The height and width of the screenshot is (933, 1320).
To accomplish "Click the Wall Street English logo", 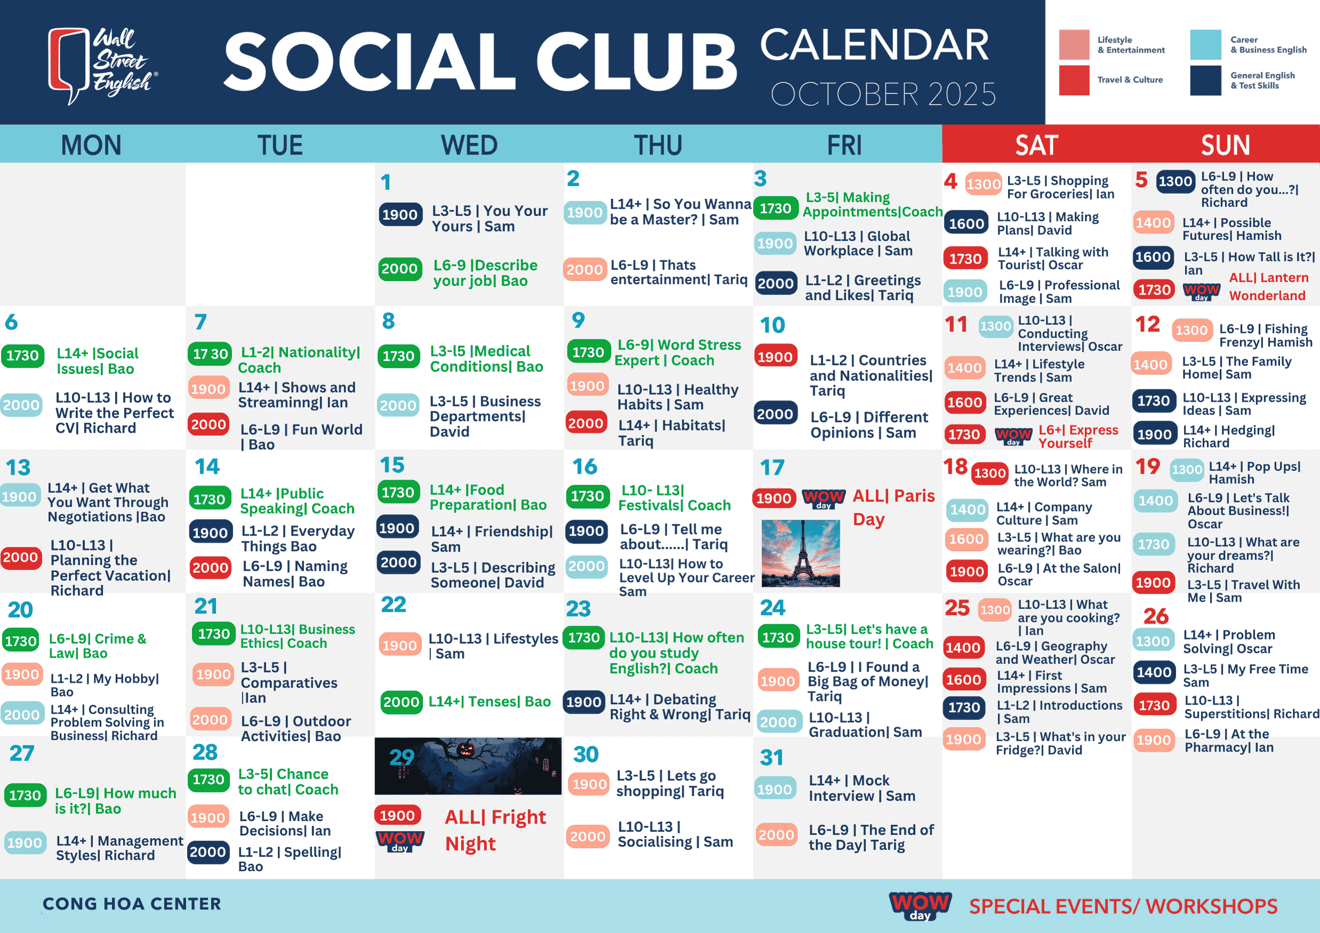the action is click(102, 66).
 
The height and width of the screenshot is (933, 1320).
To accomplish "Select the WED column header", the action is click(469, 145).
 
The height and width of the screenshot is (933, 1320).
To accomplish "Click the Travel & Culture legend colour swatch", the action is click(1074, 80).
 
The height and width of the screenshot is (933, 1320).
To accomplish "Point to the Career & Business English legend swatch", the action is click(1205, 45).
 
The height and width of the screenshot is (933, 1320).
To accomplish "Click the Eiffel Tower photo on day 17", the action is click(801, 553).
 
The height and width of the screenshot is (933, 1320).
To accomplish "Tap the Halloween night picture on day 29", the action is click(468, 766).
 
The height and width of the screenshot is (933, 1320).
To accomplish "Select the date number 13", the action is click(18, 467).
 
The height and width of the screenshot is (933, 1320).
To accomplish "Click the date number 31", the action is click(772, 757).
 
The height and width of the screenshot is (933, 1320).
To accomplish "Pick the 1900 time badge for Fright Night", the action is click(397, 815).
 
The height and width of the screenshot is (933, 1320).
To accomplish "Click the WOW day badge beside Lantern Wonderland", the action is click(1201, 291).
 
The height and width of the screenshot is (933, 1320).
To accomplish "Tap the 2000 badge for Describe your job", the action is click(399, 268).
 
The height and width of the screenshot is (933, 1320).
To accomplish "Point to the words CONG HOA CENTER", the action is click(132, 904).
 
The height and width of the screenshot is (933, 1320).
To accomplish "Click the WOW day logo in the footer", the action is click(921, 906).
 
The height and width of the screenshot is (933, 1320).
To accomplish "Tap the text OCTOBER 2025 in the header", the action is click(883, 94).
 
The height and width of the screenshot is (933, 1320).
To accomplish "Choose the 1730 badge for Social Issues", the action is click(22, 356).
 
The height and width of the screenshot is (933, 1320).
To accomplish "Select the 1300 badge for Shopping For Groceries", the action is click(983, 184).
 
